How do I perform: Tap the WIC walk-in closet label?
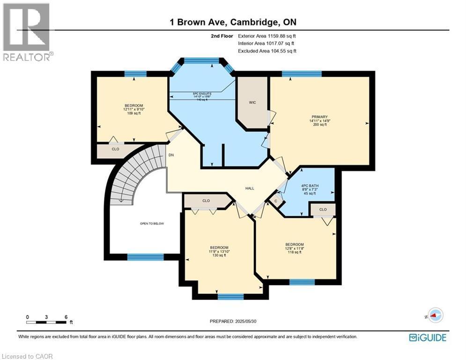coord(252,102)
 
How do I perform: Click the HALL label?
coord(250,188)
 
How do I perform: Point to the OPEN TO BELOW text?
coord(152,224)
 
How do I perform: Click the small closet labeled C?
coord(276,201)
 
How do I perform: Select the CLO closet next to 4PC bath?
coord(323,210)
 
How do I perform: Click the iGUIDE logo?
coord(427,337)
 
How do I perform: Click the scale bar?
coord(46,322)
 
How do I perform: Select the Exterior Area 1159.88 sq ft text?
coord(267,36)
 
